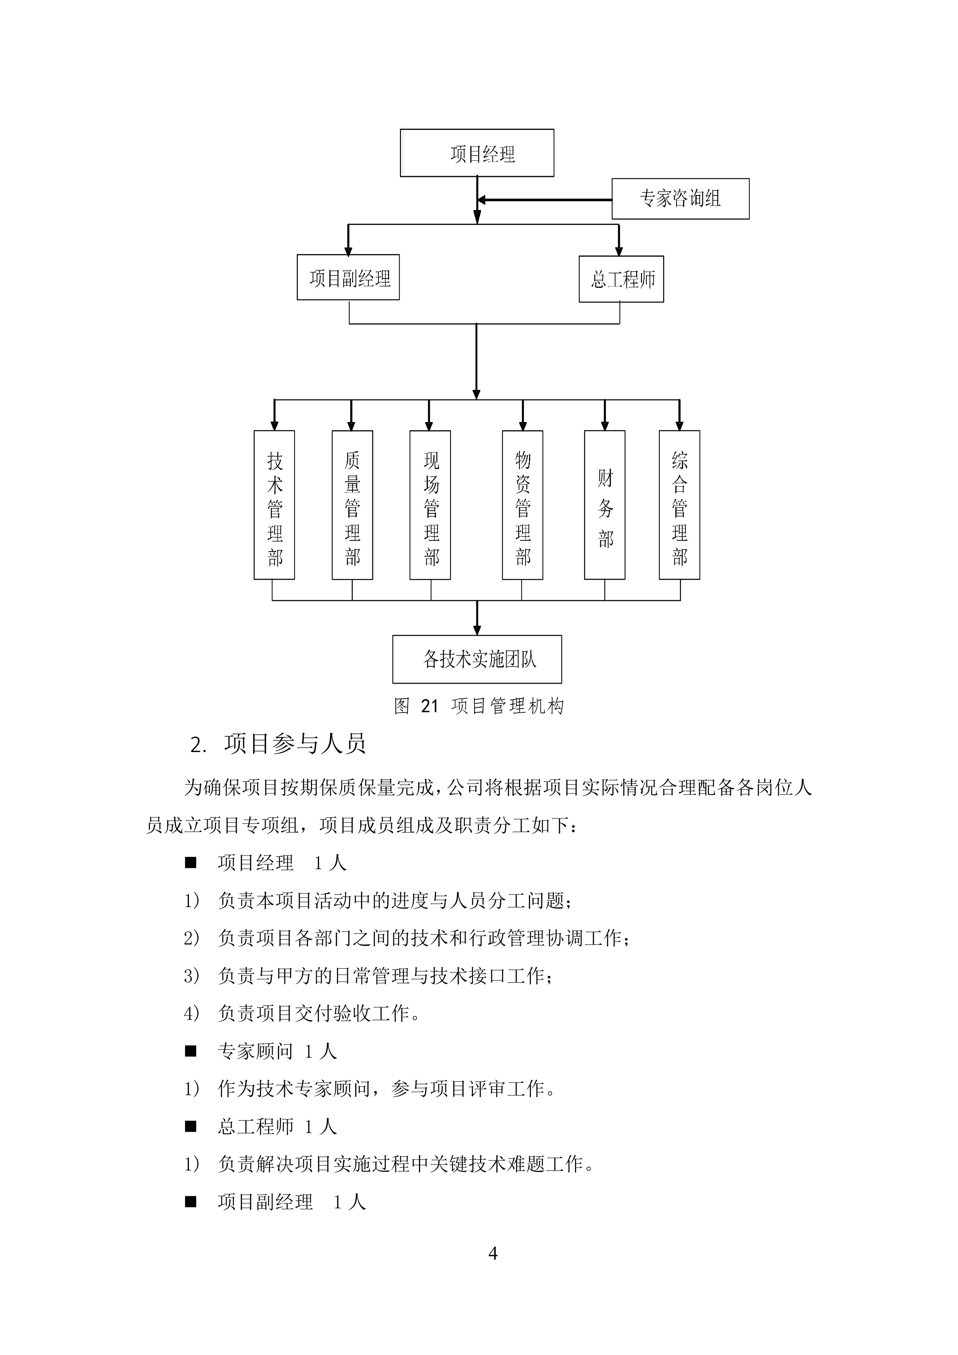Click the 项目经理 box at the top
[476, 153]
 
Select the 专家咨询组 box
[680, 199]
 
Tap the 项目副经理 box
[348, 277]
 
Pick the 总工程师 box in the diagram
[621, 279]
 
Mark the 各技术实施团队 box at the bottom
[476, 659]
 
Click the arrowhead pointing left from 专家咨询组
[482, 200]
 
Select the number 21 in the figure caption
[429, 706]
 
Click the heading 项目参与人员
[295, 744]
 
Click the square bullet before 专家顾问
[190, 1051]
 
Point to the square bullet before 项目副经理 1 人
[190, 1202]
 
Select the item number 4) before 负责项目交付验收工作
[192, 1013]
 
